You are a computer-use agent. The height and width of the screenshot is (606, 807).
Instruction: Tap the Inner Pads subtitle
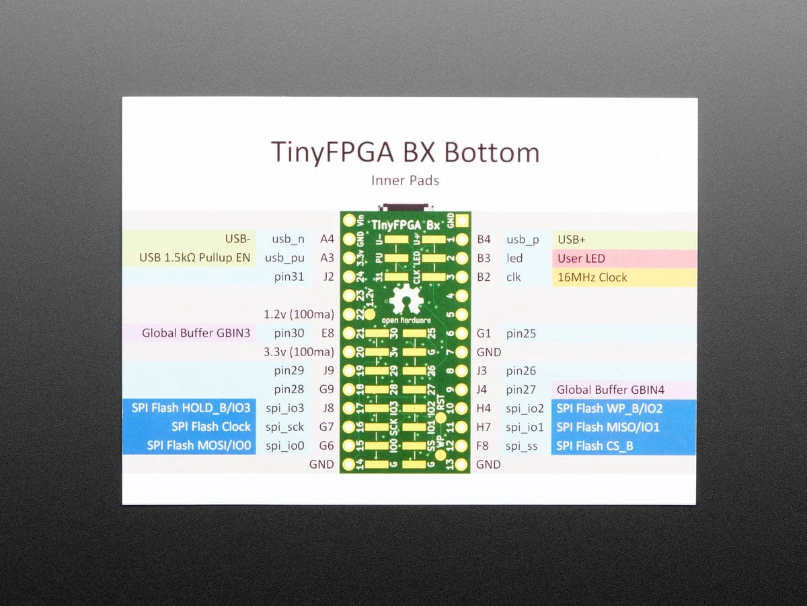click(405, 180)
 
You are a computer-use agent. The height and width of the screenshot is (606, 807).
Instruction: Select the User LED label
click(581, 258)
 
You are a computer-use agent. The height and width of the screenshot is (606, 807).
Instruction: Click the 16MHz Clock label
click(592, 277)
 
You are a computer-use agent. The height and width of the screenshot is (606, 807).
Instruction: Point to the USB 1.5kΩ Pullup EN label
click(194, 258)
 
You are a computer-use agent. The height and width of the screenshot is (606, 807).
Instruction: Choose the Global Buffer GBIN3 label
click(196, 333)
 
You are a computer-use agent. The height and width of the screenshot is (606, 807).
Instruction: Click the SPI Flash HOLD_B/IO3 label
click(191, 408)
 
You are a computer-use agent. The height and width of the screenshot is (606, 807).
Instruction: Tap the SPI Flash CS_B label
click(594, 446)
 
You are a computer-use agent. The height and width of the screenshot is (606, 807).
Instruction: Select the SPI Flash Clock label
click(210, 427)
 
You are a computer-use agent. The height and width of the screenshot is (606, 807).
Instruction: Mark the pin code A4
click(327, 239)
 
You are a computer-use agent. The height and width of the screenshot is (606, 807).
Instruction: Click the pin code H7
click(484, 427)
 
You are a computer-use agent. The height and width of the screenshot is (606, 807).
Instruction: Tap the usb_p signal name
click(523, 239)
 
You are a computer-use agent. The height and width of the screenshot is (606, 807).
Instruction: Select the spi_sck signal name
click(284, 427)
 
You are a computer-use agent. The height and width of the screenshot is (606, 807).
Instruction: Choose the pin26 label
click(521, 370)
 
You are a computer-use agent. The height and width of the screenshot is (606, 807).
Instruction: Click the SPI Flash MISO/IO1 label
click(608, 427)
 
